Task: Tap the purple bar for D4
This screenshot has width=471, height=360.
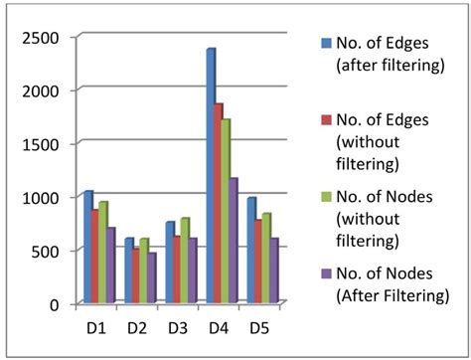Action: (235, 240)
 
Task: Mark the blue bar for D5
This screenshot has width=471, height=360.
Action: (252, 250)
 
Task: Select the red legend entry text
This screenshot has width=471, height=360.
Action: (389, 138)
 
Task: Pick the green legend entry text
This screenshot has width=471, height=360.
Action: (389, 219)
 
